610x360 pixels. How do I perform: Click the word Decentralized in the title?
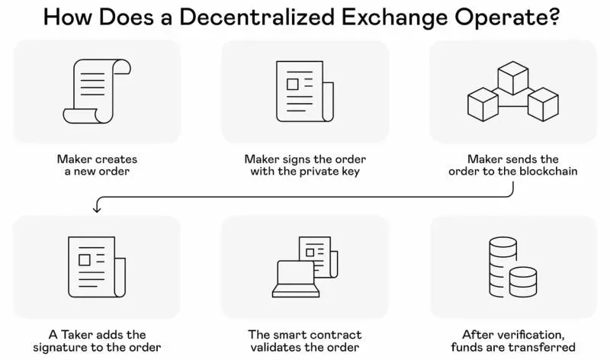(257, 17)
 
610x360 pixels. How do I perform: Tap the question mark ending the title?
(554, 16)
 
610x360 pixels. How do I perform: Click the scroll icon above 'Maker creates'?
(97, 91)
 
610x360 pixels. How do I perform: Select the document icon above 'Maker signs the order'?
(304, 92)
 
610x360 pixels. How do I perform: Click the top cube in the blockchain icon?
(512, 78)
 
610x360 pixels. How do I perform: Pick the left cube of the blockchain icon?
(483, 104)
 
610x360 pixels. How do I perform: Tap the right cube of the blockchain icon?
(543, 104)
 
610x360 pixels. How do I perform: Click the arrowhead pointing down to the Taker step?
(97, 209)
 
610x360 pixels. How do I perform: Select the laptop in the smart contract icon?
(296, 279)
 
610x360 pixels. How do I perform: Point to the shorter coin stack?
(523, 282)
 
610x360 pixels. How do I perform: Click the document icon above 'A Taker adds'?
(97, 267)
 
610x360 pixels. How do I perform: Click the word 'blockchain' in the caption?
(548, 172)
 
